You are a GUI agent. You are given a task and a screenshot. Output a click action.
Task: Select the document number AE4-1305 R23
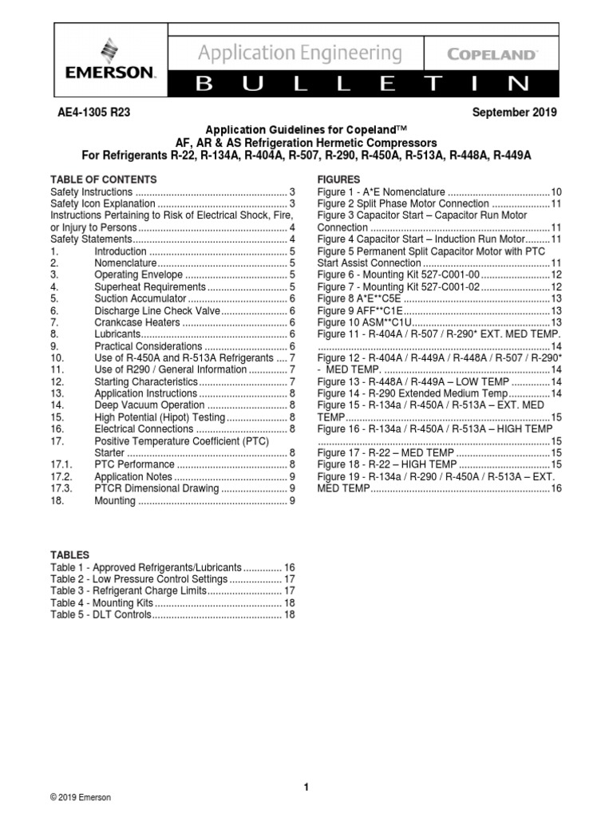pos(90,112)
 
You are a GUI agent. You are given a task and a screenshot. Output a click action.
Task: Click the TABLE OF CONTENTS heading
pos(104,180)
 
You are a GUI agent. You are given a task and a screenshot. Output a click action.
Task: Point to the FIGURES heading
pos(339,180)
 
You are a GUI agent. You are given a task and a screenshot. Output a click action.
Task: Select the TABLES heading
pos(70,555)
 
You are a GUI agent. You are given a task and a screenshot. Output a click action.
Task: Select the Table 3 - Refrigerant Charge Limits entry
pos(128,590)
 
